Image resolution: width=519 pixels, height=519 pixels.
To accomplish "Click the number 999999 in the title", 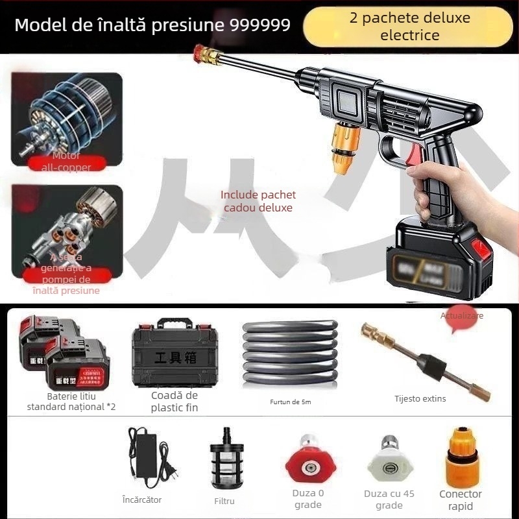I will click(260, 26).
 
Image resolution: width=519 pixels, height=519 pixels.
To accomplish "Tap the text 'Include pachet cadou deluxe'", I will click(258, 201).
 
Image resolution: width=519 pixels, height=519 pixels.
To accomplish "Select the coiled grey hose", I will click(289, 354).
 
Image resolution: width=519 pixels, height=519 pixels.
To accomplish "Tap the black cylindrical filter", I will click(224, 461).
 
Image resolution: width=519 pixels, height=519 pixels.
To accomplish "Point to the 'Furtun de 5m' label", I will click(290, 402).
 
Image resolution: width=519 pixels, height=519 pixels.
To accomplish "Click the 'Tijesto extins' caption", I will click(420, 399).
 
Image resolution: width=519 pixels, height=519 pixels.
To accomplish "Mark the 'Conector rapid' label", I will click(461, 500).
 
